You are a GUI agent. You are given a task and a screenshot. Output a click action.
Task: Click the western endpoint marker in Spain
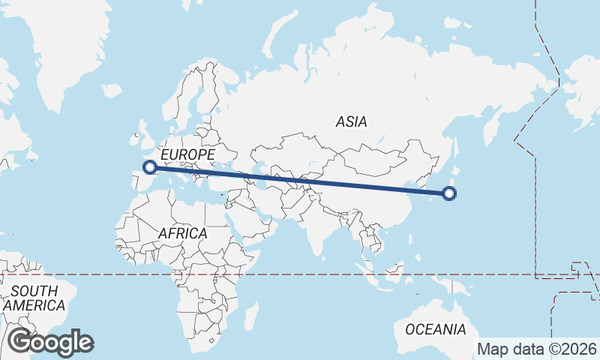(x=150, y=167)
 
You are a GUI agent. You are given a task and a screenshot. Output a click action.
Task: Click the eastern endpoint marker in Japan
(x=449, y=193)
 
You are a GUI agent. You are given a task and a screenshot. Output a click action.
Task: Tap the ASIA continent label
(x=352, y=121)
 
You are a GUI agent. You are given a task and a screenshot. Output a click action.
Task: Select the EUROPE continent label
(x=188, y=154)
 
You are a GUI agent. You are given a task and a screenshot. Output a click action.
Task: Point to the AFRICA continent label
(x=182, y=233)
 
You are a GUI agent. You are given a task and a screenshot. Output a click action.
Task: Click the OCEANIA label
(x=435, y=329)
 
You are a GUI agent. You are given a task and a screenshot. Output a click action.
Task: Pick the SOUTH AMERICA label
(x=34, y=298)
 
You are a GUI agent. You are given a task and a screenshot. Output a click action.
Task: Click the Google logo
(x=50, y=342)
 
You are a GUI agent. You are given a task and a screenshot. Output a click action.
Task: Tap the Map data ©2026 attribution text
(x=537, y=349)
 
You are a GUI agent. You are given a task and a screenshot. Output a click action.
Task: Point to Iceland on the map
(x=112, y=90)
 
